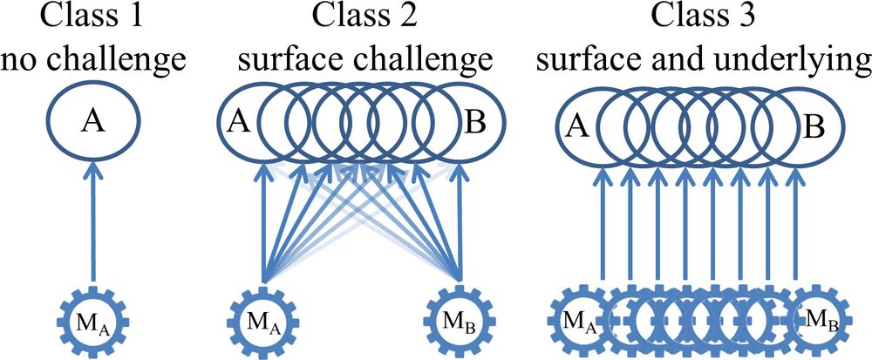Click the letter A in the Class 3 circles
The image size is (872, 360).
tap(576, 128)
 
